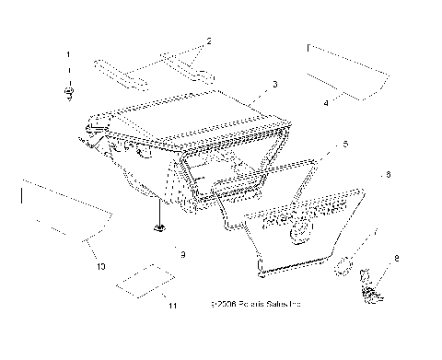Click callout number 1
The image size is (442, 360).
click(x=67, y=56)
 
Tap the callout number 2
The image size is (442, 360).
click(x=209, y=41)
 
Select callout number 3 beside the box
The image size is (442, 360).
click(x=273, y=85)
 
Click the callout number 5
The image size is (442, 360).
click(x=344, y=145)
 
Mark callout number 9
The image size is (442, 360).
click(x=183, y=253)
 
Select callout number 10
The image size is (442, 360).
click(x=100, y=266)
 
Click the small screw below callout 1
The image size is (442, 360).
click(x=68, y=92)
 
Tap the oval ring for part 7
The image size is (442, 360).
click(x=343, y=265)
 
